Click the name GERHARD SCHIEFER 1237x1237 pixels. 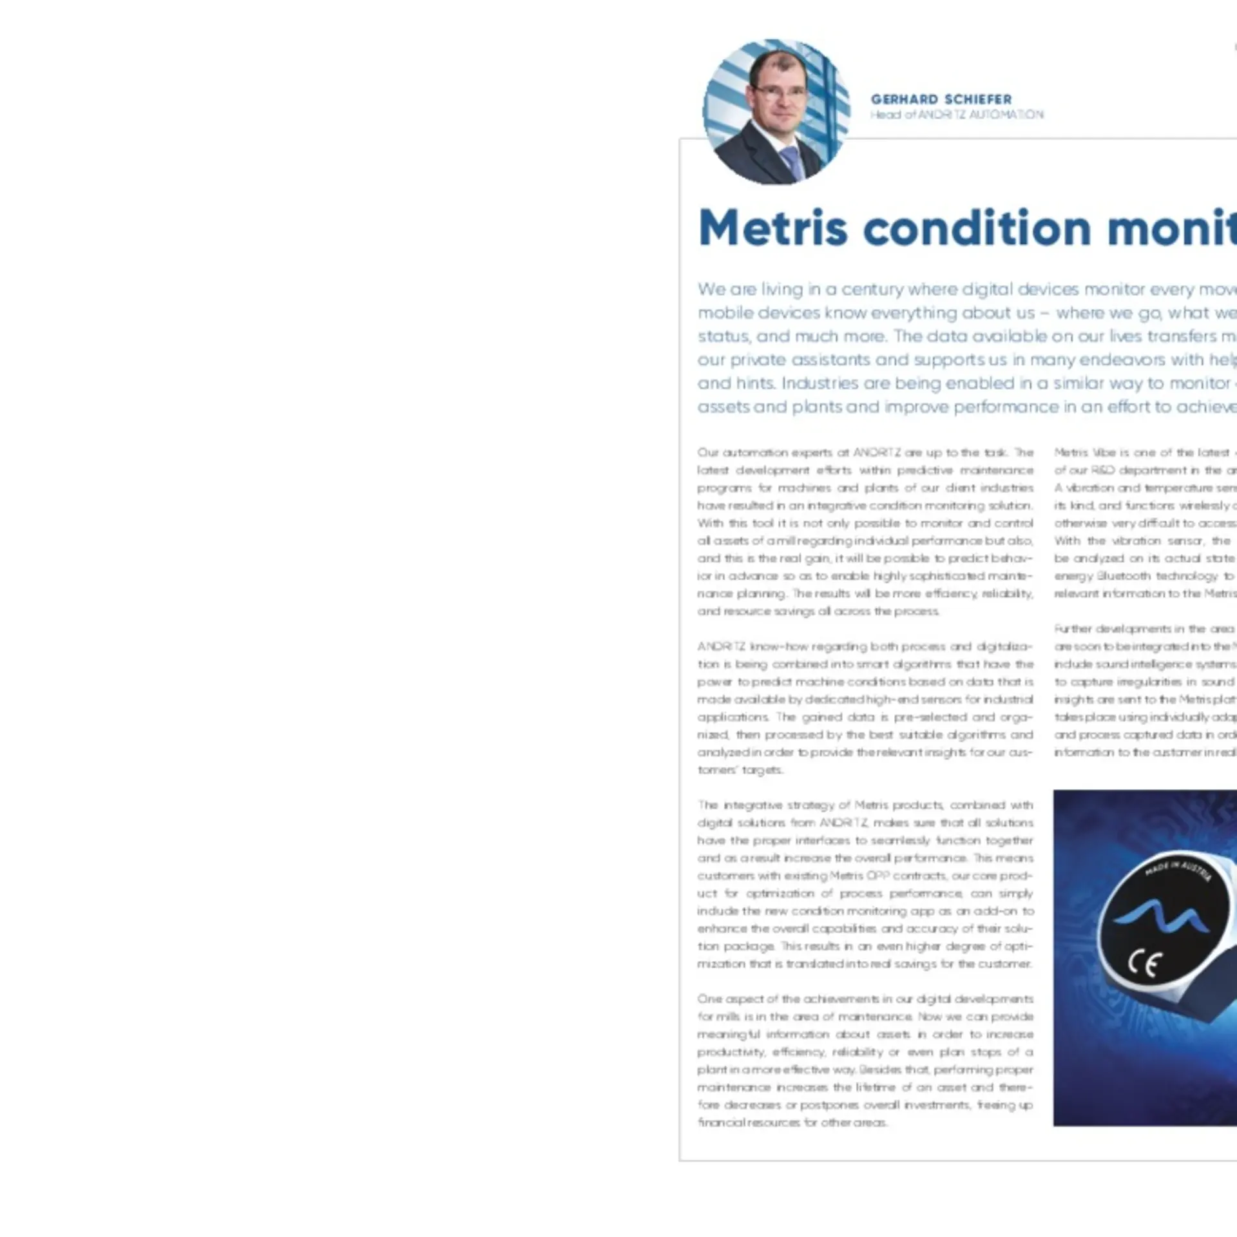pyautogui.click(x=941, y=99)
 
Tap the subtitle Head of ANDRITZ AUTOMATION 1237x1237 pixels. pyautogui.click(x=957, y=115)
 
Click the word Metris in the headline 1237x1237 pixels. pyautogui.click(x=772, y=229)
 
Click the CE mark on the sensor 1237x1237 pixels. pyautogui.click(x=1145, y=964)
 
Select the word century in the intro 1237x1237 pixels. pyautogui.click(x=872, y=289)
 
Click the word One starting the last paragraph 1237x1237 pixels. pyautogui.click(x=709, y=999)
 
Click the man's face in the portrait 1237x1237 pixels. pyautogui.click(x=781, y=97)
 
